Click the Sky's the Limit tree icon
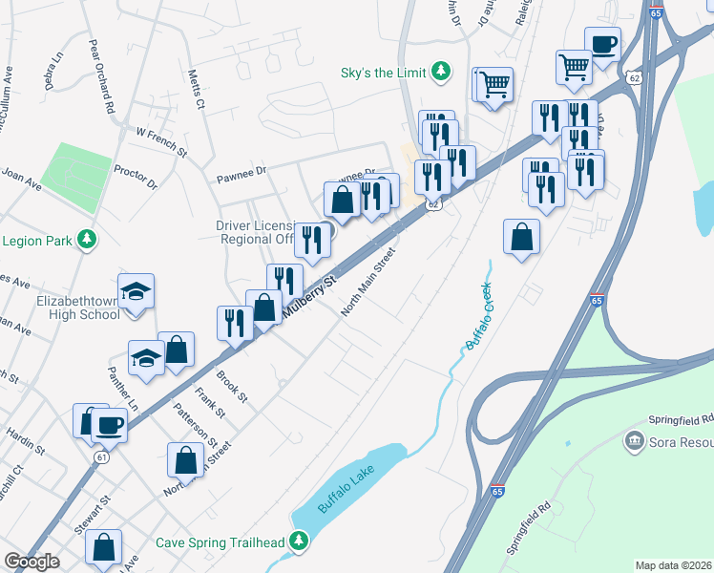coord(440,72)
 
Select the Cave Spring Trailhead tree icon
coord(300,542)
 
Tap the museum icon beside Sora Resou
coord(632,441)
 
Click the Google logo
coord(31,562)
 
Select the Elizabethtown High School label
coord(65,307)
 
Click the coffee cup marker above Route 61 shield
coord(109,423)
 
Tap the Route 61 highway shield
coord(101,457)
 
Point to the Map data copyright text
coord(673,564)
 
